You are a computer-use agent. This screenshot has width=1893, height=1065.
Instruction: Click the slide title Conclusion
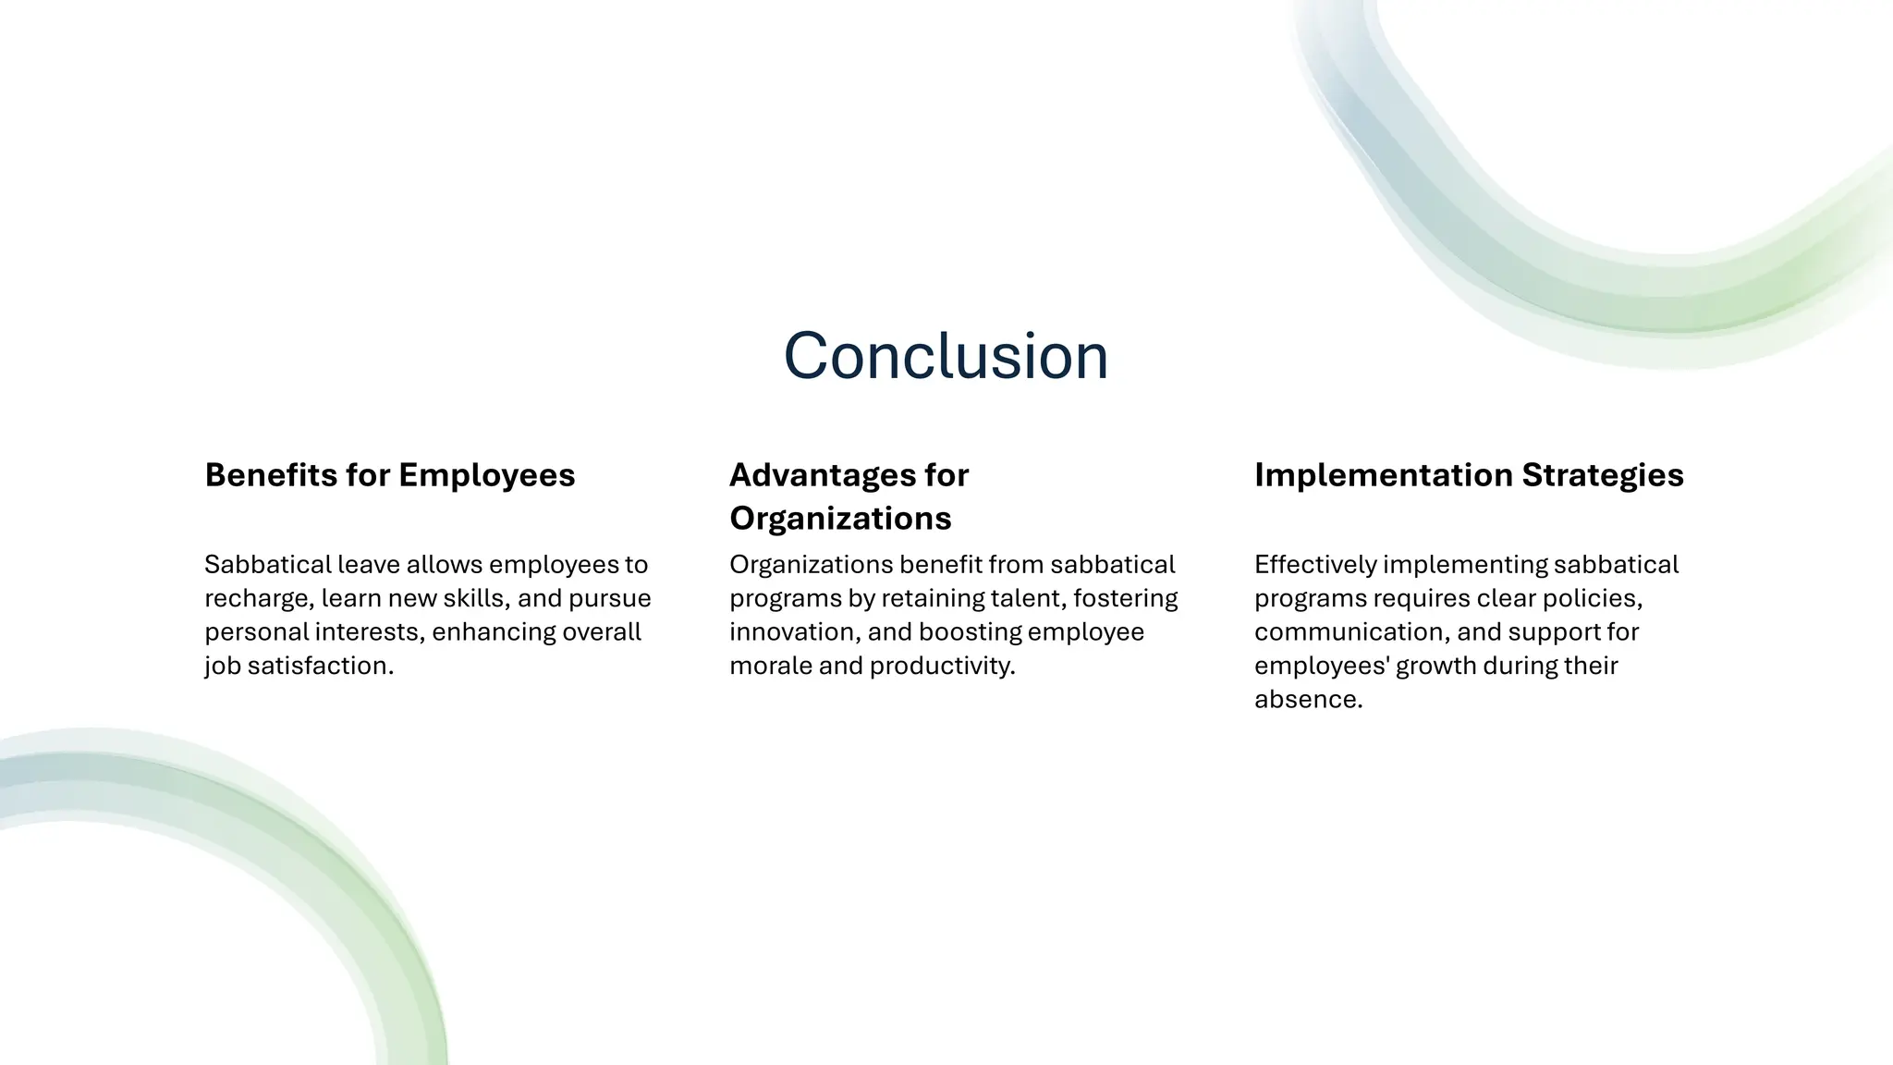946,356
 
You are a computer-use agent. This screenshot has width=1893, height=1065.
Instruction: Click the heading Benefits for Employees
389,475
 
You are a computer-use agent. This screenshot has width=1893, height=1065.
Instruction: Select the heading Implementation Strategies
1468,475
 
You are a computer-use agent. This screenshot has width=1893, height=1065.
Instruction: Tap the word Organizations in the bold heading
839,519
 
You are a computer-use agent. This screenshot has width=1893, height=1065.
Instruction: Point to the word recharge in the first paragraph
258,599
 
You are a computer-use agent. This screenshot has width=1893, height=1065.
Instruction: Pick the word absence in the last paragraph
1307,700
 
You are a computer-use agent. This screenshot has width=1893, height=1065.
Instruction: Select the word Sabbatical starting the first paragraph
267,565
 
